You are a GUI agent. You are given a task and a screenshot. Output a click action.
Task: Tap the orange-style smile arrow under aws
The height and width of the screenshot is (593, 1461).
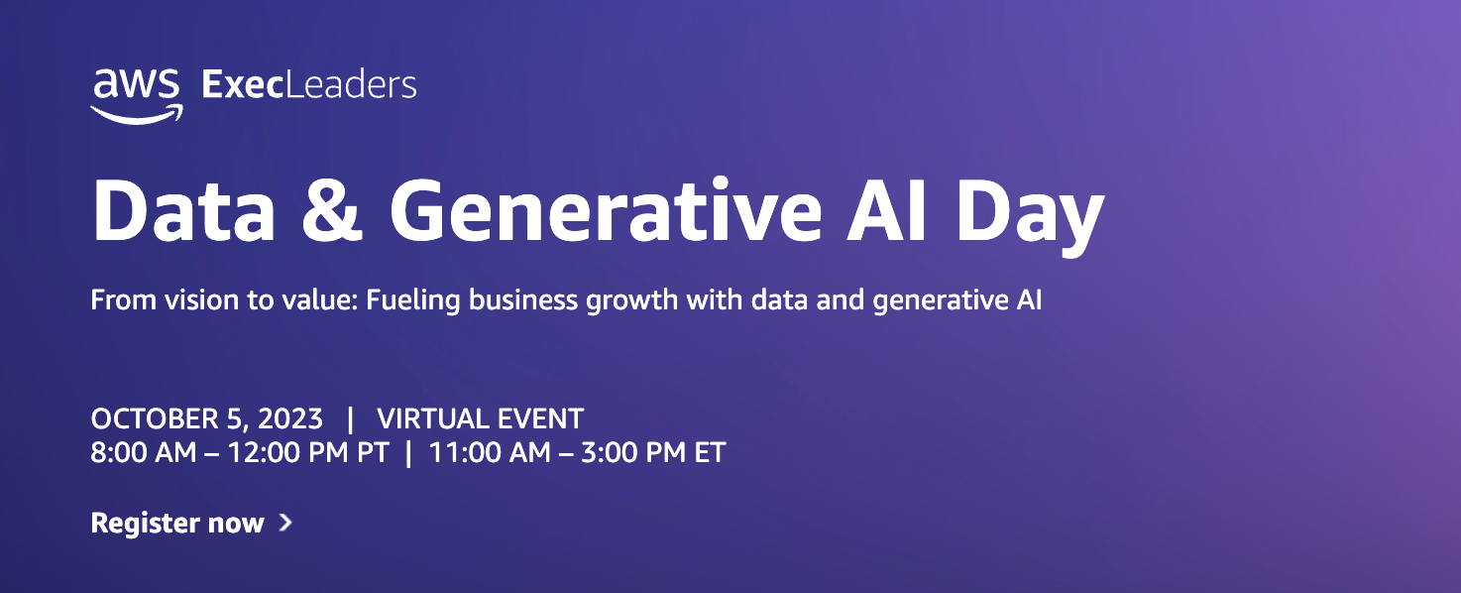pyautogui.click(x=137, y=114)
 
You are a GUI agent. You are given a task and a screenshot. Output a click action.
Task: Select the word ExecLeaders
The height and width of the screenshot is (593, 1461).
pyautogui.click(x=308, y=85)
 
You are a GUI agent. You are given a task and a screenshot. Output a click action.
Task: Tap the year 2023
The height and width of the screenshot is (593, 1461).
pyautogui.click(x=290, y=418)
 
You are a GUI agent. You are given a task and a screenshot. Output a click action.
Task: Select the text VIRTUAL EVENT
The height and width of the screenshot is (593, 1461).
pyautogui.click(x=480, y=418)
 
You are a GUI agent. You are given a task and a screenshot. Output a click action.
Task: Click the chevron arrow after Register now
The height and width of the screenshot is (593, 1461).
pyautogui.click(x=285, y=523)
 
